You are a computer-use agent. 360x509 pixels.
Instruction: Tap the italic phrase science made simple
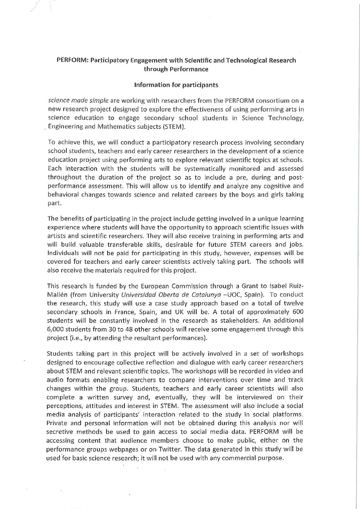pos(78,101)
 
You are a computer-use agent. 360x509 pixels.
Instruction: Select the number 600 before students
pos(298,312)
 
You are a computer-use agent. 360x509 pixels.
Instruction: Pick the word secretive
pos(60,432)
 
